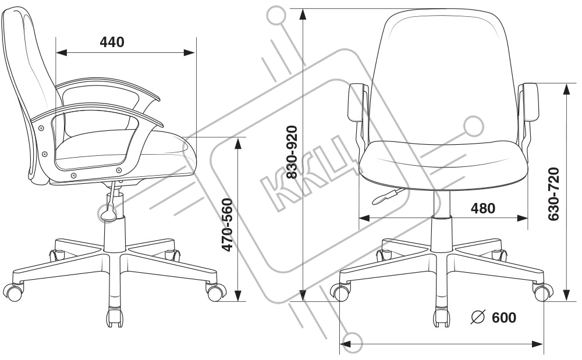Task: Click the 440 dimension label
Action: click(112, 42)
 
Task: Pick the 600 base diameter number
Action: click(503, 318)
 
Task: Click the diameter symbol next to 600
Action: click(478, 318)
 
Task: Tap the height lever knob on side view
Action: click(108, 215)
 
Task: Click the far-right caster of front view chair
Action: click(542, 292)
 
